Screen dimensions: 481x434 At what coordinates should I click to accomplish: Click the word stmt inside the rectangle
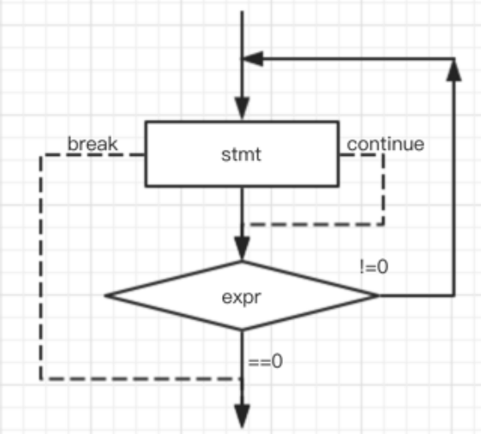click(241, 154)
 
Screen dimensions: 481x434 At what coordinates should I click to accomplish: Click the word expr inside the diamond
click(242, 297)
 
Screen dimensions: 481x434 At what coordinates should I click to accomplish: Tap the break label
click(93, 144)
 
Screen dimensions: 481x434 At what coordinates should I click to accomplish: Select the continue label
click(386, 144)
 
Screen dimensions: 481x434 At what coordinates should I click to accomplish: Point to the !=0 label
click(374, 267)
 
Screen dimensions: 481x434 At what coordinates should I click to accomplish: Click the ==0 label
click(265, 361)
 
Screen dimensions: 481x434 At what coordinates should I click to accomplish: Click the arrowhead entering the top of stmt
click(242, 108)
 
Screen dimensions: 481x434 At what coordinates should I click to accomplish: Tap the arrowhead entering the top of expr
click(242, 249)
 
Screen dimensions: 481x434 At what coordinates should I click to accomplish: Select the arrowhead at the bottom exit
click(242, 416)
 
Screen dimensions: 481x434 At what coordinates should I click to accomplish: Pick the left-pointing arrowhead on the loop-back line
click(253, 58)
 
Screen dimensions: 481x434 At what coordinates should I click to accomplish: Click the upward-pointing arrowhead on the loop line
click(454, 70)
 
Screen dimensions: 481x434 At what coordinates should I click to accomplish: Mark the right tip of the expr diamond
click(379, 295)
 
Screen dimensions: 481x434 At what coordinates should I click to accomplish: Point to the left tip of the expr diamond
click(105, 295)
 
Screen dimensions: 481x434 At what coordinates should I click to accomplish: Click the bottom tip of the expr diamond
click(242, 330)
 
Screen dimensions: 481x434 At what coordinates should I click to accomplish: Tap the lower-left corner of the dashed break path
click(41, 379)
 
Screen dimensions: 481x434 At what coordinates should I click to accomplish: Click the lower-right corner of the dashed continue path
click(383, 224)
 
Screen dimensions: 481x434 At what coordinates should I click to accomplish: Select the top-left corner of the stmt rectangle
click(146, 122)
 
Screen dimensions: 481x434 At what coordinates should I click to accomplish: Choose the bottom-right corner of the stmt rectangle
click(339, 186)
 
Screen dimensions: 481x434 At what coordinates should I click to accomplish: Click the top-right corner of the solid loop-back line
click(454, 58)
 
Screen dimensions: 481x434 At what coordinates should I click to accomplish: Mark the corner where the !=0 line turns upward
click(454, 295)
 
